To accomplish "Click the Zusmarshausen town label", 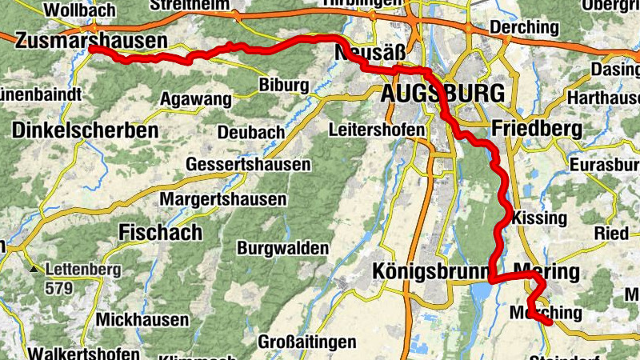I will (90, 40).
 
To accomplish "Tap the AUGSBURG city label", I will (443, 94).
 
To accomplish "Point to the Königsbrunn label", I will (431, 272).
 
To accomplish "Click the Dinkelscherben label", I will (86, 129).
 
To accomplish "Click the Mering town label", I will (546, 272).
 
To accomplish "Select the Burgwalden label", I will (281, 248).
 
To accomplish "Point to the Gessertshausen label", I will (247, 164).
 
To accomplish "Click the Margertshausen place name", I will (223, 198).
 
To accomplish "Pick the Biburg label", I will (285, 85).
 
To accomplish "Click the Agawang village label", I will (197, 99).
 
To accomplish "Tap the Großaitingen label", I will (307, 342).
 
